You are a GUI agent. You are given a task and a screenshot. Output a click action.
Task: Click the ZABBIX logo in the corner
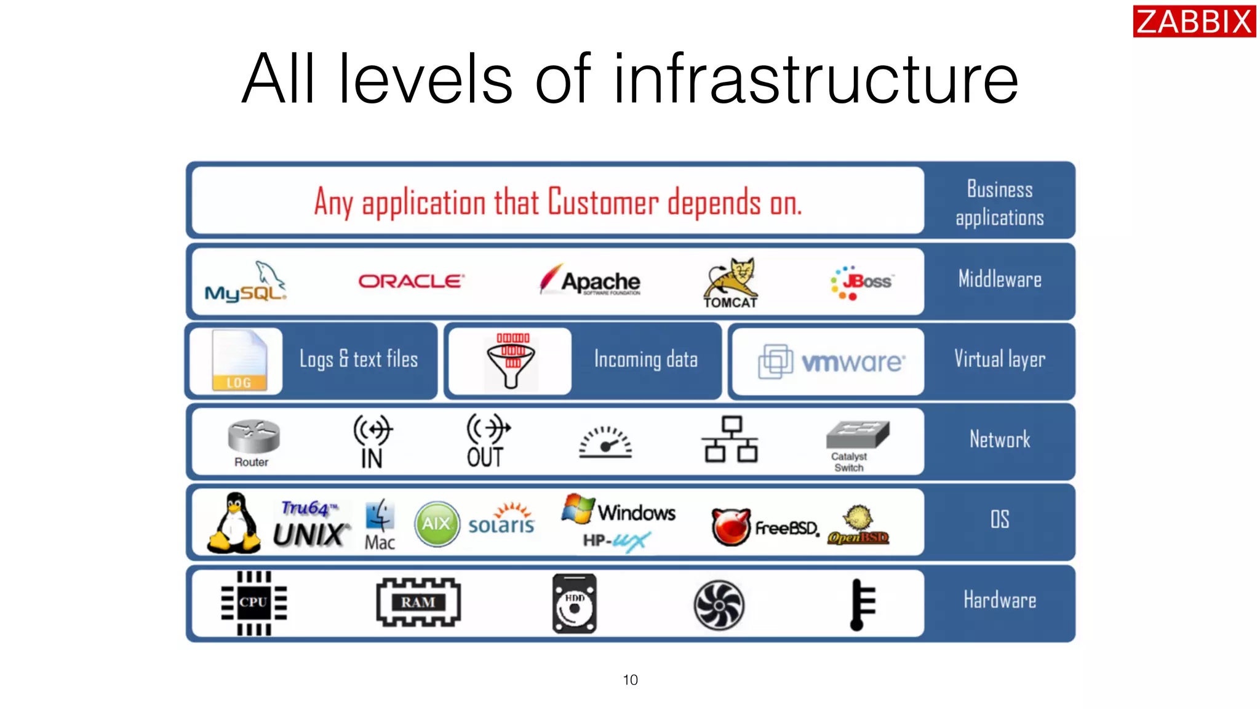[x=1194, y=22]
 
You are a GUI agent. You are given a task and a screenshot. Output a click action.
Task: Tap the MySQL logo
[x=245, y=283]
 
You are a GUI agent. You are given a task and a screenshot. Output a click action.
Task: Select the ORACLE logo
[x=411, y=281]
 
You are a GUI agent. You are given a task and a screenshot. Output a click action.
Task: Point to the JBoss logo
[x=861, y=282]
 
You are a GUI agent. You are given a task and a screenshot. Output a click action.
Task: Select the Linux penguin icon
[x=234, y=523]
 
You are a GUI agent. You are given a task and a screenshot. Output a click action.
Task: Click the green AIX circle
[x=437, y=524]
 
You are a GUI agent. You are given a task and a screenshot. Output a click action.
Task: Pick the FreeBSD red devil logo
[x=731, y=527]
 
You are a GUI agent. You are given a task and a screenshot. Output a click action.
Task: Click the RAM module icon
[x=418, y=603]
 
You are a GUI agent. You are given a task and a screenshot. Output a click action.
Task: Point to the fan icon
[x=719, y=605]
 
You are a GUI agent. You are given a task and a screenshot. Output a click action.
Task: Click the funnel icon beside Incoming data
[x=511, y=361]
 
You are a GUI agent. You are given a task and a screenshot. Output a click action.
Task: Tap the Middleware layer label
[x=999, y=280]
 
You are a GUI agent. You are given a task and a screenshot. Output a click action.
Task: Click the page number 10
[x=630, y=680]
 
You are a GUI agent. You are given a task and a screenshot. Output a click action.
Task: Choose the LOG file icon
[x=239, y=361]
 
